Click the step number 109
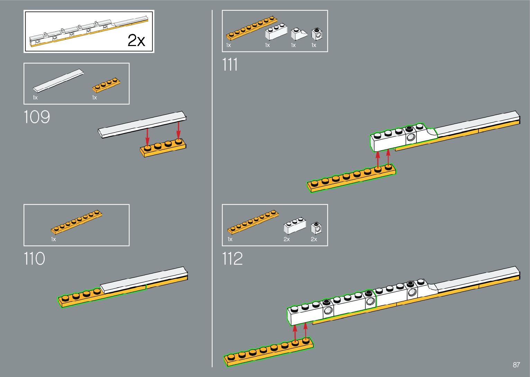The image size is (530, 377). click(37, 117)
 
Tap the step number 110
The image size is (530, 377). click(34, 259)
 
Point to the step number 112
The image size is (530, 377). click(232, 259)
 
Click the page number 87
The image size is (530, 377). click(516, 365)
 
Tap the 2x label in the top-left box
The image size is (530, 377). click(136, 41)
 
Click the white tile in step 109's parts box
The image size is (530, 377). click(58, 81)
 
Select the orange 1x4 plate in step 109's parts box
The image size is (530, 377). click(106, 85)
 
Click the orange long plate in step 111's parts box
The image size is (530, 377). click(252, 27)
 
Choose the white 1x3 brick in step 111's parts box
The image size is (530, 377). click(276, 32)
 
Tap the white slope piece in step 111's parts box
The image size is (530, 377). click(298, 34)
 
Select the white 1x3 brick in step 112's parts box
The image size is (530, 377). click(295, 226)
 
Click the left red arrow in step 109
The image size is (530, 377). click(147, 136)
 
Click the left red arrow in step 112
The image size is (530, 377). click(295, 333)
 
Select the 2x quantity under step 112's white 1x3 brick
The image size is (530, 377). click(287, 239)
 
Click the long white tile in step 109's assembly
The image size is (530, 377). click(142, 124)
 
